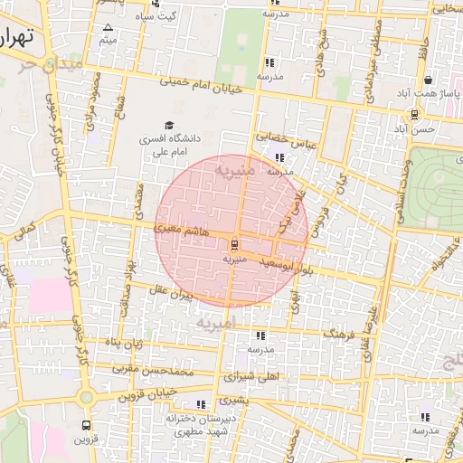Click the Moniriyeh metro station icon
[234, 244]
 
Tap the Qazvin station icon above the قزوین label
[86, 424]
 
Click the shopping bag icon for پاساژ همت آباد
[427, 80]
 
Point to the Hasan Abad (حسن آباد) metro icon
[414, 115]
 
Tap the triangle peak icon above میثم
[109, 28]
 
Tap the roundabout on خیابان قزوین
[86, 397]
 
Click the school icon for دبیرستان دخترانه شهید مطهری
[200, 404]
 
